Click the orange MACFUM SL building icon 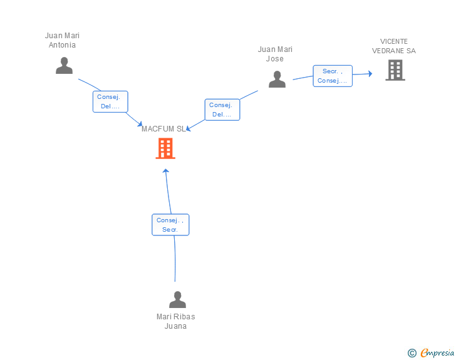(165, 148)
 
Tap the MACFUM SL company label (163, 129)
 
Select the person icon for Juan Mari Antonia (65, 66)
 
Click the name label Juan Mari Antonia (62, 40)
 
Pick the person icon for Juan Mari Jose (277, 79)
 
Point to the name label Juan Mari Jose (275, 54)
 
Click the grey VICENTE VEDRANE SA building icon (395, 70)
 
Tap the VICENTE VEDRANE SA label (394, 46)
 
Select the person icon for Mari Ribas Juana (177, 299)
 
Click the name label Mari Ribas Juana (175, 321)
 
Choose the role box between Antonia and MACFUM (110, 101)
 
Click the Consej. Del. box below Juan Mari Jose (222, 110)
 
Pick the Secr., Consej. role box (333, 76)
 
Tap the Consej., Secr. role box (170, 225)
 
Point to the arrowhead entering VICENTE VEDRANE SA (370, 74)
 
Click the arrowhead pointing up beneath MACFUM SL (166, 171)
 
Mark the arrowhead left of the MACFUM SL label (140, 124)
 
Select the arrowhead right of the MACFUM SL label (189, 128)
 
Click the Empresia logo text (437, 352)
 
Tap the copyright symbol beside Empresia (412, 353)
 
